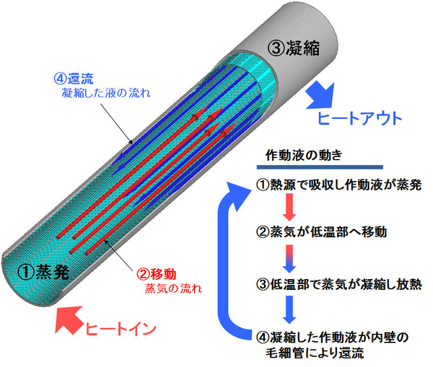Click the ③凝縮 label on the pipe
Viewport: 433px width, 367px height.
(294, 48)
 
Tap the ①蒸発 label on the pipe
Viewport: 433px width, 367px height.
(43, 272)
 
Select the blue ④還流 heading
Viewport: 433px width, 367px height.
(74, 79)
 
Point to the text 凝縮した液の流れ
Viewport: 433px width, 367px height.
(106, 93)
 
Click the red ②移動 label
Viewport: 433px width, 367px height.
(157, 274)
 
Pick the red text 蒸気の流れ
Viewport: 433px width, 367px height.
(173, 288)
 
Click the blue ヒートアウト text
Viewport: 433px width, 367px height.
(359, 118)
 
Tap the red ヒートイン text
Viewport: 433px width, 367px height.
(121, 329)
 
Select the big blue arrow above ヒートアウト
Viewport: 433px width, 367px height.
(321, 95)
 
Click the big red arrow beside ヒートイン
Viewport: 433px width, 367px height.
(68, 319)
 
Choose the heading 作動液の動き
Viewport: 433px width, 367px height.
(304, 155)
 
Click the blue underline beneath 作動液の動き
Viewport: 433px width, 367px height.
(320, 167)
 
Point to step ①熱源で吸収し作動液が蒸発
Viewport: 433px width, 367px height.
(339, 185)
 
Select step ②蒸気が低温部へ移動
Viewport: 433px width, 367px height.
(322, 231)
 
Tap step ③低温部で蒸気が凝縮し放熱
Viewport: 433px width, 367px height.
(339, 284)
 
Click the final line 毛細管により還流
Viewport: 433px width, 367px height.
(315, 353)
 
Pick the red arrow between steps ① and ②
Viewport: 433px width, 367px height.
(289, 207)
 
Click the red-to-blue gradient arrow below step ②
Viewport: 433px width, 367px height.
(289, 259)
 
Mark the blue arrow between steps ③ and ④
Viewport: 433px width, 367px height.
(289, 309)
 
